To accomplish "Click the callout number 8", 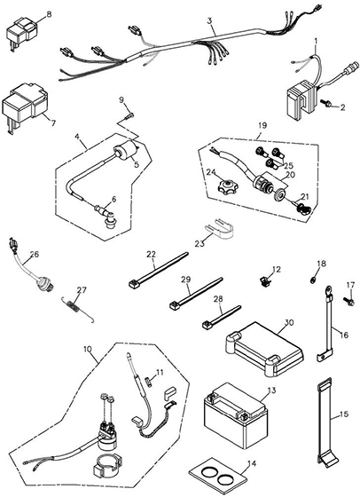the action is pyautogui.click(x=49, y=14).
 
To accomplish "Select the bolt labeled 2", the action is pyautogui.click(x=325, y=103).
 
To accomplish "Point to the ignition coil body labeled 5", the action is pyautogui.click(x=126, y=151).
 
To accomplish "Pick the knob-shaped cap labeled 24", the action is pyautogui.click(x=227, y=186).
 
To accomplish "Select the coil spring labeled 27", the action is pyautogui.click(x=77, y=308).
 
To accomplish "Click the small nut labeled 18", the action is pyautogui.click(x=311, y=280).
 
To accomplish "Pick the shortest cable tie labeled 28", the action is pyautogui.click(x=222, y=317).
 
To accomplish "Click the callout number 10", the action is pyautogui.click(x=88, y=349).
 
